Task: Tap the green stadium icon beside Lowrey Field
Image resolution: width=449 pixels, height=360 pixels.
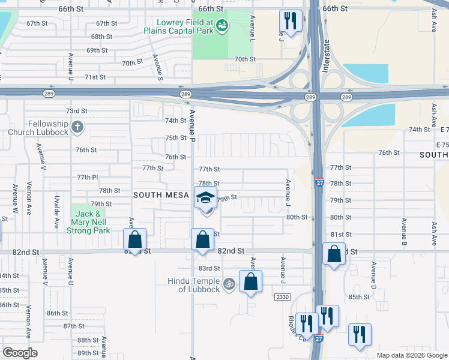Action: [x=223, y=25]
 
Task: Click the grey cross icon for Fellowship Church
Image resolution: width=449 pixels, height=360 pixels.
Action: [x=77, y=127]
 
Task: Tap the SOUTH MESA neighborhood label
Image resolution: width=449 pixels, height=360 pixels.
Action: [x=161, y=195]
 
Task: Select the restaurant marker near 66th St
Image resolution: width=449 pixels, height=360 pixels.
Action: [x=289, y=21]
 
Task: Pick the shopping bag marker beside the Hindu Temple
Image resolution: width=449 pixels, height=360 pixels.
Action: [x=250, y=281]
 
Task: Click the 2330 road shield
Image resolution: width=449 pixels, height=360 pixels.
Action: [x=282, y=297]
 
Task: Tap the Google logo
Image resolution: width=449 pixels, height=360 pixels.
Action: [x=20, y=352]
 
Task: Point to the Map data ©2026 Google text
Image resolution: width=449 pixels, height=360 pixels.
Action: [x=412, y=355]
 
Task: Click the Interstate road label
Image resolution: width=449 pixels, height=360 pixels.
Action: [x=327, y=56]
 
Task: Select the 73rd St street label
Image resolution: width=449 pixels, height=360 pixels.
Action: [x=77, y=111]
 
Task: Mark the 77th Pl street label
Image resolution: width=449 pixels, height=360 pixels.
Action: [x=87, y=177]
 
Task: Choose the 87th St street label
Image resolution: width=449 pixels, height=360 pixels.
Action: [x=74, y=326]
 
